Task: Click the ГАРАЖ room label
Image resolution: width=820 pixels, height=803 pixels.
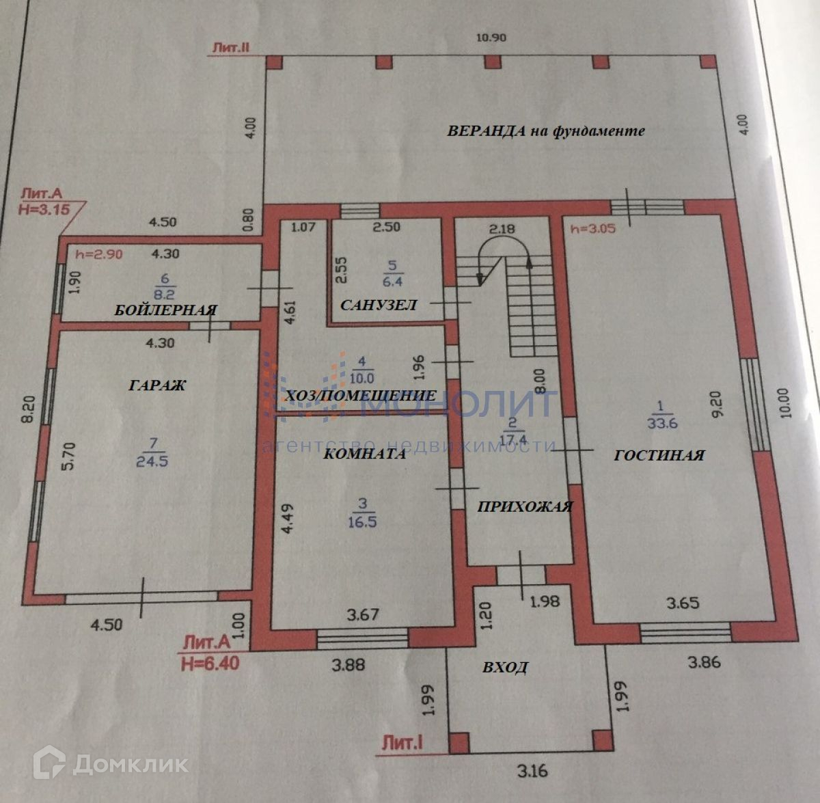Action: coord(156,385)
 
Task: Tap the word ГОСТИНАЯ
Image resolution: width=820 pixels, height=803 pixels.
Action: coord(659,454)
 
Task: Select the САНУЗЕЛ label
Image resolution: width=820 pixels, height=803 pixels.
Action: coord(378,305)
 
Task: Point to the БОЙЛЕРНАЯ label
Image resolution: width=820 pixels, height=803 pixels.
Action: coord(165,310)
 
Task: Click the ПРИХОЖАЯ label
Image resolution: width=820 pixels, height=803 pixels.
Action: coord(524,506)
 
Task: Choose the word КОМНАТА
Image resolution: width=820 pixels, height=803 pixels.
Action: coord(364,453)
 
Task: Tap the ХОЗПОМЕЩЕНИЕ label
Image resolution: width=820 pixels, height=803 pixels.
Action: coord(360,396)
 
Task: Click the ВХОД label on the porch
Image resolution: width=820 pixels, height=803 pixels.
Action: coord(505,667)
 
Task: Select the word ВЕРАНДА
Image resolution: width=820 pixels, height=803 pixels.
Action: coord(486,131)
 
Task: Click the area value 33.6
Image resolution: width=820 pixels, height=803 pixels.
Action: coord(659,423)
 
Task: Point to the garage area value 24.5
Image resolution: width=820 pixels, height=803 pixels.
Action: coord(151,461)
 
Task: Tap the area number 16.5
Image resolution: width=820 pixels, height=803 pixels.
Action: coord(362,521)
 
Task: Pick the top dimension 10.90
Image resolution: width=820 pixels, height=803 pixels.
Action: coord(491,38)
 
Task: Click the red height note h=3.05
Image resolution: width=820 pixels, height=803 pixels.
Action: coord(592,228)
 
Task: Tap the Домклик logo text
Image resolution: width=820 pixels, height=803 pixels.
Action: coord(130,764)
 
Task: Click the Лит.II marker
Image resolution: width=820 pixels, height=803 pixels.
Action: coord(233,47)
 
